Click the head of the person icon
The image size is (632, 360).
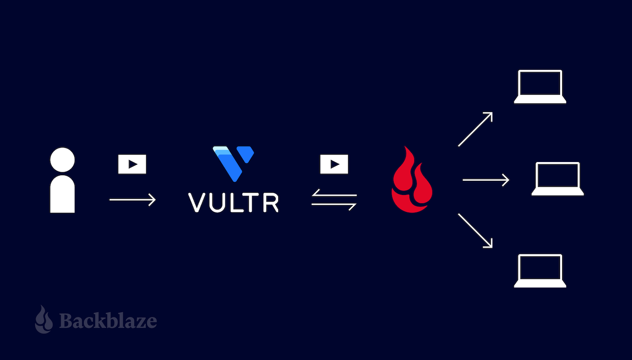click(62, 159)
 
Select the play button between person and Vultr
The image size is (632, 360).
click(132, 164)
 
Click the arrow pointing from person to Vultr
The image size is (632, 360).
click(133, 200)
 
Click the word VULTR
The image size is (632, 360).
click(233, 202)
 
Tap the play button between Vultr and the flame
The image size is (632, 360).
click(334, 164)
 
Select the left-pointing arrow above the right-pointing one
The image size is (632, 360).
click(334, 194)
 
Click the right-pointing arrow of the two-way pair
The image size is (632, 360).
click(334, 205)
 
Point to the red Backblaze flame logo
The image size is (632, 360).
click(412, 180)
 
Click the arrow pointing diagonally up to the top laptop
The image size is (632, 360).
click(475, 129)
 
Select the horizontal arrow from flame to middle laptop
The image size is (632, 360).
click(486, 180)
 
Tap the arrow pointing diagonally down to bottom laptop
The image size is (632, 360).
click(475, 231)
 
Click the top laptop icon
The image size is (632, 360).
click(540, 87)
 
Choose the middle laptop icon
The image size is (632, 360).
click(558, 179)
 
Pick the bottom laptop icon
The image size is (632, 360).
click(540, 271)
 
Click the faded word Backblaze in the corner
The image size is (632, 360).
click(108, 320)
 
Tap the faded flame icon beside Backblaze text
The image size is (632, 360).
click(44, 319)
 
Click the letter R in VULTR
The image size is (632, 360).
click(271, 202)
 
